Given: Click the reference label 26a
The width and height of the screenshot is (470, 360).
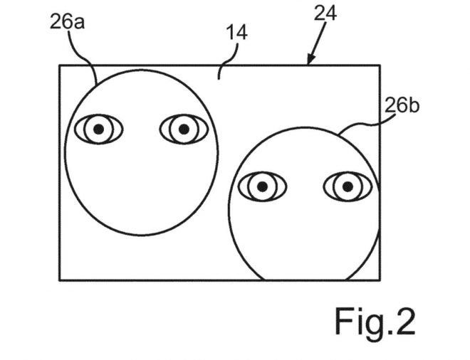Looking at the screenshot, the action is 67,22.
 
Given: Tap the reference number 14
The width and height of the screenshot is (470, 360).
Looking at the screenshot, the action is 237,32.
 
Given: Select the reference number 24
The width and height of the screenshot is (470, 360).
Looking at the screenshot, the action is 325,14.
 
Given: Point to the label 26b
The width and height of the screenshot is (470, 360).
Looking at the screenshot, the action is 402,105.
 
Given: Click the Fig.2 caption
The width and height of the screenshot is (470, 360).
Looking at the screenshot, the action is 375,321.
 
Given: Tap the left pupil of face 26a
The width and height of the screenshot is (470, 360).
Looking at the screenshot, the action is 98,129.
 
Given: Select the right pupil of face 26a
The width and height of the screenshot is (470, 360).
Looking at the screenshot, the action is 184,129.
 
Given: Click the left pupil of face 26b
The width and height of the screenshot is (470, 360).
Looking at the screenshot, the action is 262,187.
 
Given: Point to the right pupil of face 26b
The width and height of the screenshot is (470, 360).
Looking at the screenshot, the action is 348,187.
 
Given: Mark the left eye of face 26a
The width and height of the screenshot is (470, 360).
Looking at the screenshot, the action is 98,129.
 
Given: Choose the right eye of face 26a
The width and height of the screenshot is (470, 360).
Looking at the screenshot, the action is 184,129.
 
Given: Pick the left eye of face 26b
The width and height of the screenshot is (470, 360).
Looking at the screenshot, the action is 262,187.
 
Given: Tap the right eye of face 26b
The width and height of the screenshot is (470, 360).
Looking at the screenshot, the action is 348,187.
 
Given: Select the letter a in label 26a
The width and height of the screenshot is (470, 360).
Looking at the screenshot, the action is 79,24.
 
